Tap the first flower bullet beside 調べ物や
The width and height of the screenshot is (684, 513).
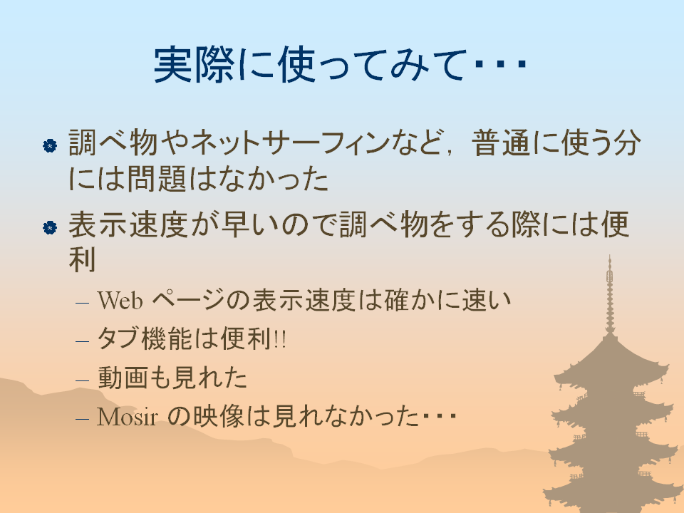click(x=50, y=145)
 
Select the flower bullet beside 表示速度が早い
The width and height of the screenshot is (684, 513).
click(x=50, y=227)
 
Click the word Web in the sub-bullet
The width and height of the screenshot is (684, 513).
click(x=120, y=301)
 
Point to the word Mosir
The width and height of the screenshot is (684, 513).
click(x=127, y=417)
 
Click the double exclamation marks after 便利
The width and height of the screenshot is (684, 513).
click(x=280, y=339)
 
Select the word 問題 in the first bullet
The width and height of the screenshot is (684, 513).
click(x=157, y=178)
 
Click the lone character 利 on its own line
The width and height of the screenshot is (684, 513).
click(x=82, y=259)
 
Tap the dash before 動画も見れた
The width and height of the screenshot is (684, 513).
click(x=82, y=380)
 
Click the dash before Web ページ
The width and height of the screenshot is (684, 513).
click(x=82, y=302)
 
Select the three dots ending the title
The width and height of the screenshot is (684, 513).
click(x=501, y=65)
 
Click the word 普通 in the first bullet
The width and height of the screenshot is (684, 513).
click(x=501, y=142)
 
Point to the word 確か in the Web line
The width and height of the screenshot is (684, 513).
click(x=397, y=300)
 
